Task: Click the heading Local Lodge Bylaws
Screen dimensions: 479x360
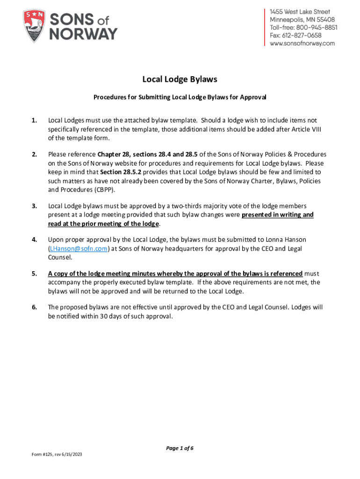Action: click(180, 80)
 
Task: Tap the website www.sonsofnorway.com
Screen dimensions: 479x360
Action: click(302, 44)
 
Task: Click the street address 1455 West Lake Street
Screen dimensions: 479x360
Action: click(300, 12)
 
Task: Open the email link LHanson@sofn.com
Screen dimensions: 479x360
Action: click(78, 248)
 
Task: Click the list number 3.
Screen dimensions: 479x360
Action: click(34, 206)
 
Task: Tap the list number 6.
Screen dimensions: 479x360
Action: click(34, 307)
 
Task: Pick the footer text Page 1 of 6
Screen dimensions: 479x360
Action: click(180, 448)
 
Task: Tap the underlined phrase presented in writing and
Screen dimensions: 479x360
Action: click(278, 215)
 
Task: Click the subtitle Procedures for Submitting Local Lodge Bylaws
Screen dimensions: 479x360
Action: click(180, 98)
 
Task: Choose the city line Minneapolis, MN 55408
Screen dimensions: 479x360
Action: click(302, 20)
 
